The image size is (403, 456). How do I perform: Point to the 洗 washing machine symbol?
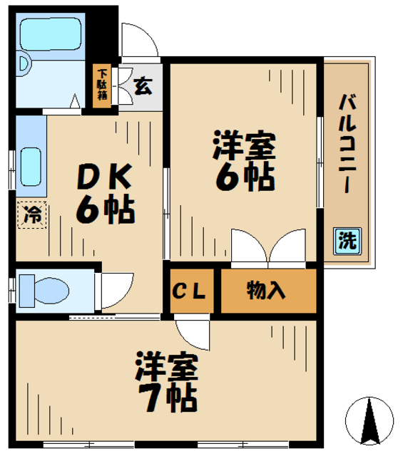click(x=347, y=241)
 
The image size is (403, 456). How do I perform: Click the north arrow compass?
click(x=369, y=420)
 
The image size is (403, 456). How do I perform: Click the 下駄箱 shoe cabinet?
click(x=103, y=85)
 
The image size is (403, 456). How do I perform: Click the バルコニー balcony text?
click(x=347, y=142)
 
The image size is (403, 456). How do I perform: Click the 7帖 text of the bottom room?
click(x=168, y=398)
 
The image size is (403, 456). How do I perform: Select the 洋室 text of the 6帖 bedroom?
click(x=243, y=145)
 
